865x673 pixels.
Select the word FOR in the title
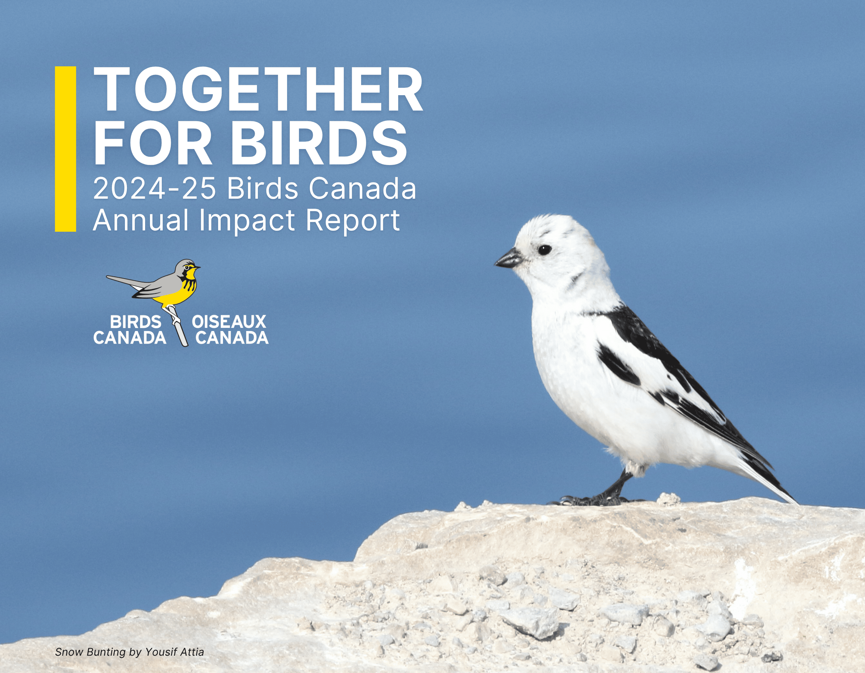pos(152,143)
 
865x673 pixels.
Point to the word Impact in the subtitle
pos(247,220)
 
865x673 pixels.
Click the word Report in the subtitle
pos(352,220)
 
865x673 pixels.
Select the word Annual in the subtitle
pos(141,220)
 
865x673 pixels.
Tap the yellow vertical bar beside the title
pos(65,149)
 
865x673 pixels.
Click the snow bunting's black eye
pos(545,250)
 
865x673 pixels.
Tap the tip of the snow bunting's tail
pos(794,502)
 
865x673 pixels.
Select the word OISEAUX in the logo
pos(229,322)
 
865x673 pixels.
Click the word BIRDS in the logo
pos(136,322)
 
